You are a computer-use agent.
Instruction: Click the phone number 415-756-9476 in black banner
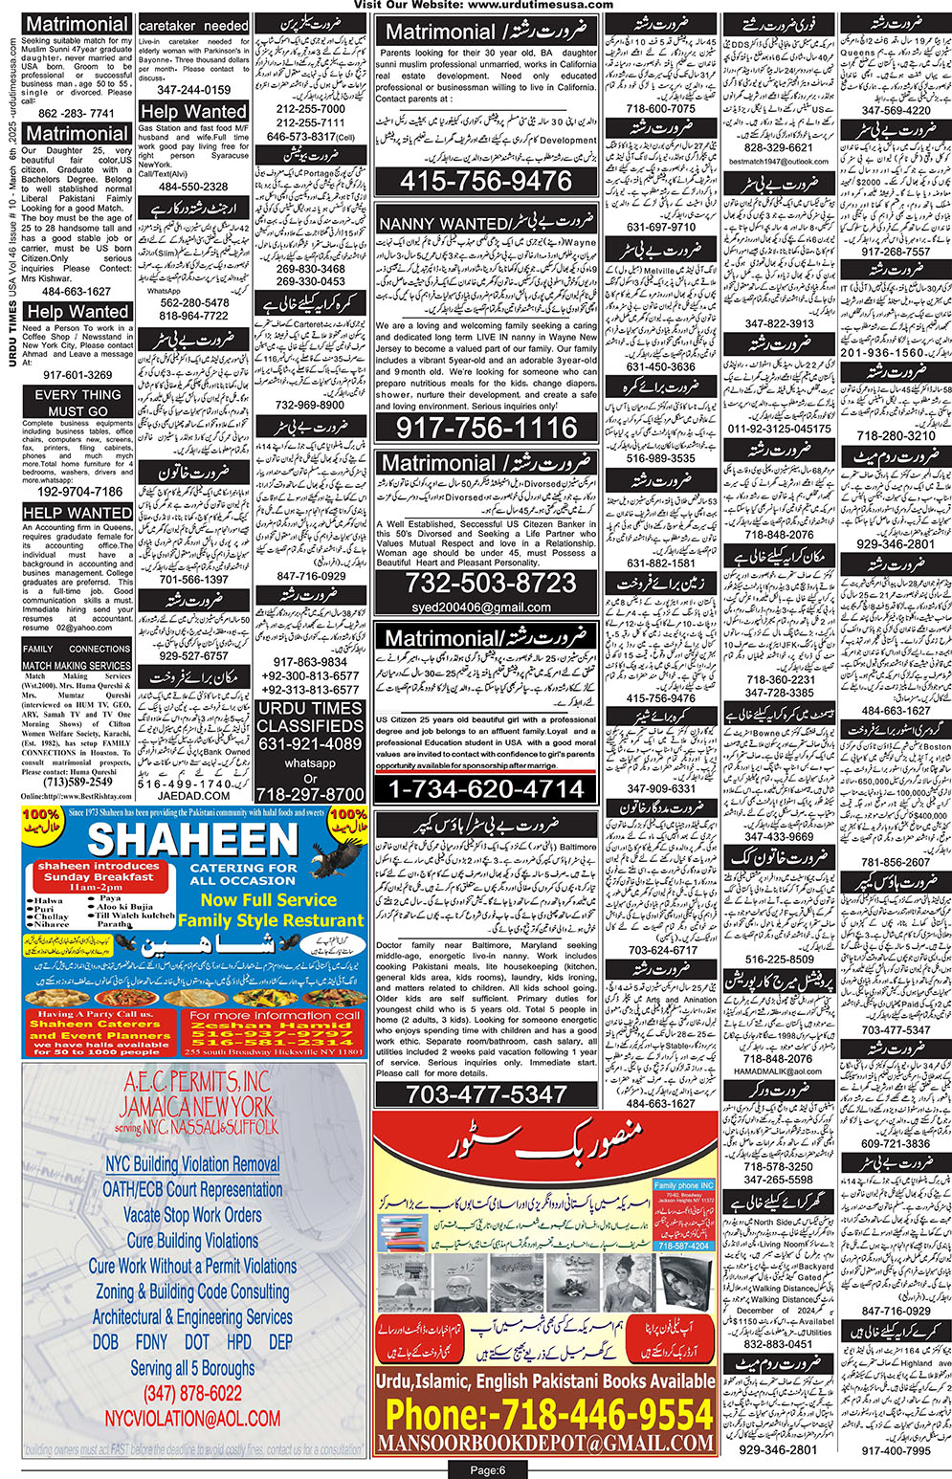point(486,181)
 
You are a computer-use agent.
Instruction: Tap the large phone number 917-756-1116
point(486,428)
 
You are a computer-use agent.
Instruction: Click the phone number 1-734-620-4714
point(486,789)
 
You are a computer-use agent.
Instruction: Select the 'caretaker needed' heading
point(193,25)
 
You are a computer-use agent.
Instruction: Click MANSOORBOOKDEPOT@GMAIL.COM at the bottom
point(545,1443)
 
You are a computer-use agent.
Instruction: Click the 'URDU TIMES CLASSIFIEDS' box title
point(310,717)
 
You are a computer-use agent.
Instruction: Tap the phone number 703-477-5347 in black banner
point(486,1093)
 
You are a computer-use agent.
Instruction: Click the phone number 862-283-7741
point(76,113)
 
